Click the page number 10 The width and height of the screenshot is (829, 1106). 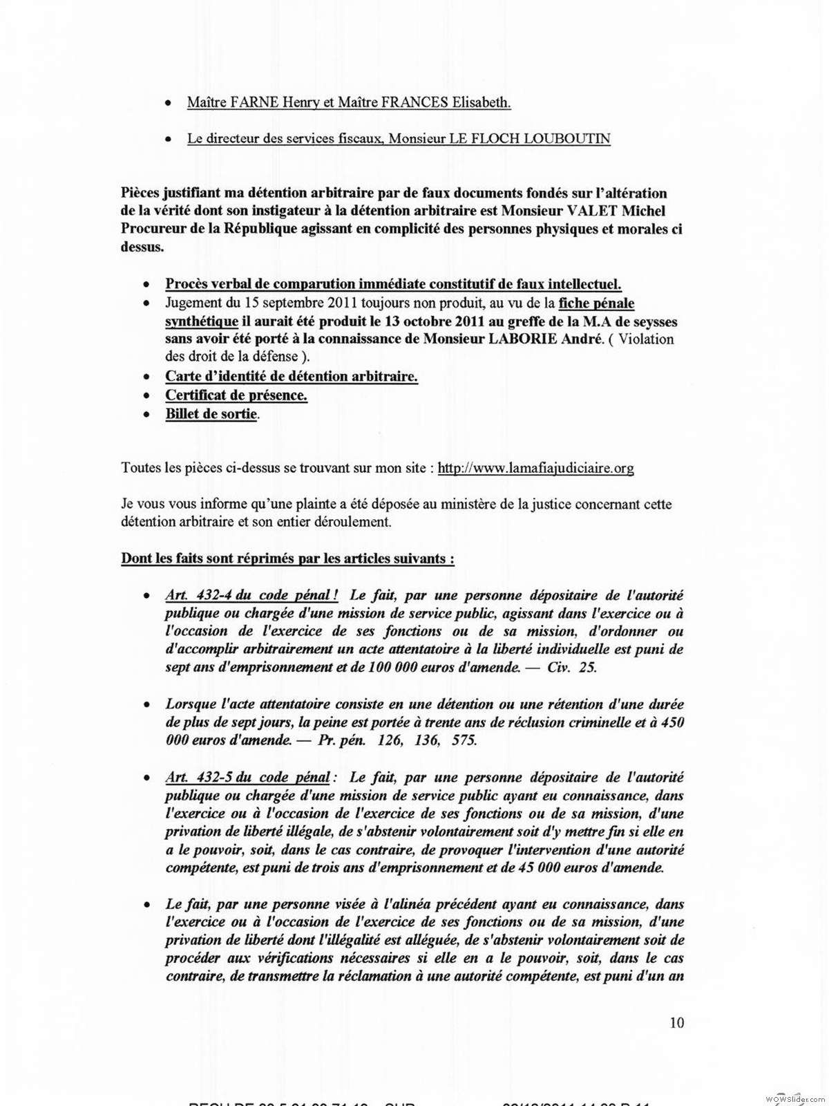(x=676, y=1022)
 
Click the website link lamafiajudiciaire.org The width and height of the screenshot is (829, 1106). (x=535, y=468)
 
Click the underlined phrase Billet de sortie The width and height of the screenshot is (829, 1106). (x=211, y=414)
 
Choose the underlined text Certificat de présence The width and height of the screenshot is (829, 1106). (x=236, y=395)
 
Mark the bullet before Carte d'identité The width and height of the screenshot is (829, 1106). (x=146, y=377)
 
